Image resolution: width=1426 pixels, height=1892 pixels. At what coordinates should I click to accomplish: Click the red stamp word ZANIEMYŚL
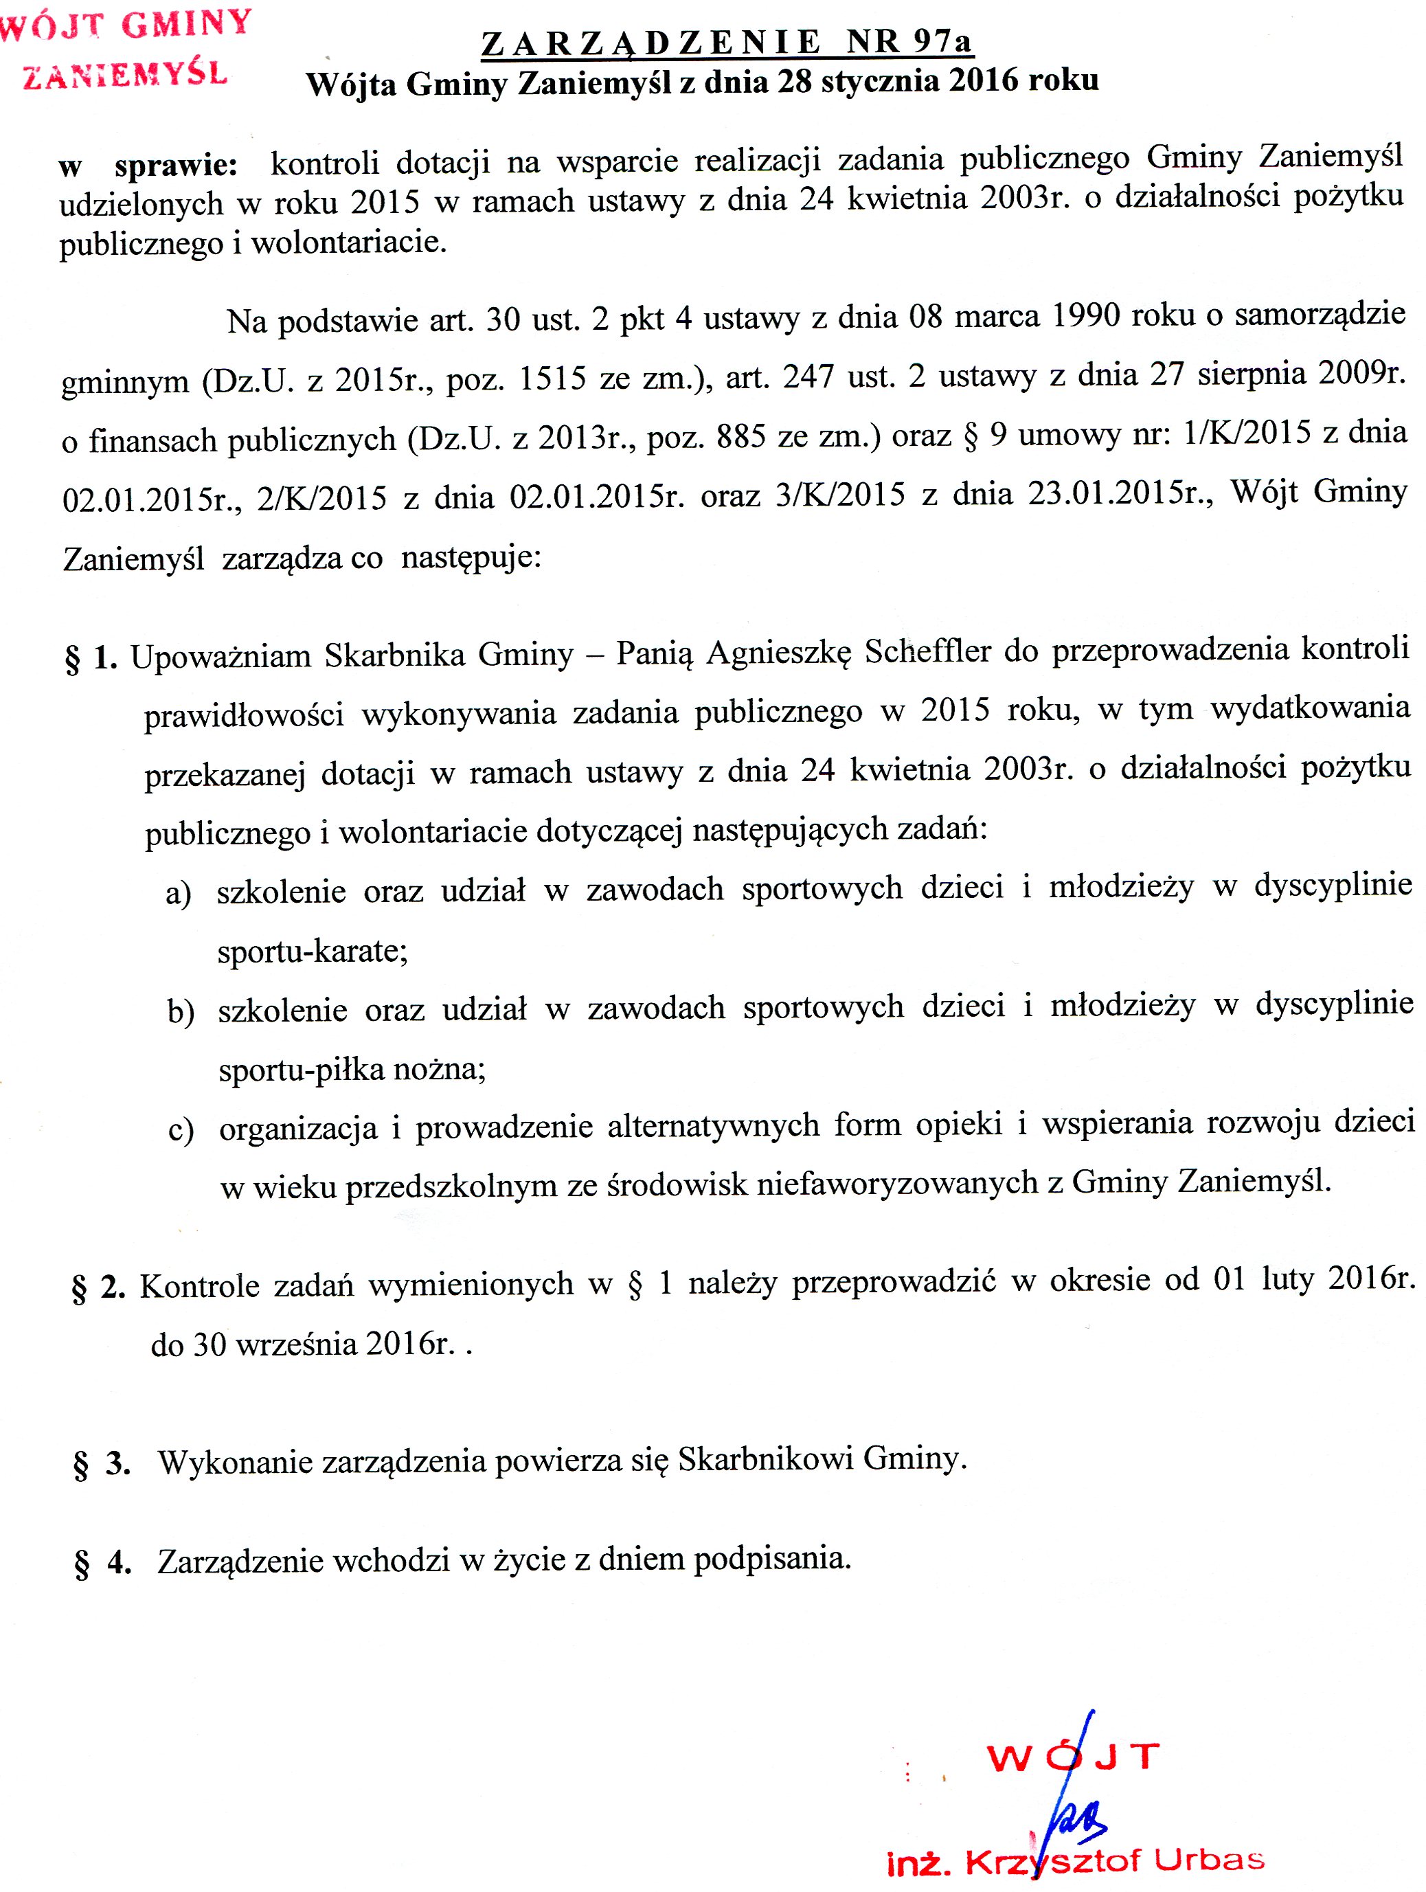[x=125, y=76]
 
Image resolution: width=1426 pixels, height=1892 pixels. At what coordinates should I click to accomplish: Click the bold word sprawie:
[x=177, y=165]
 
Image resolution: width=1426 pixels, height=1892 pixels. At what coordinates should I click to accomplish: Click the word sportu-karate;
[x=313, y=951]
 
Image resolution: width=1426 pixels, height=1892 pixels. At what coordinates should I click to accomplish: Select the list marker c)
[x=181, y=1131]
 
